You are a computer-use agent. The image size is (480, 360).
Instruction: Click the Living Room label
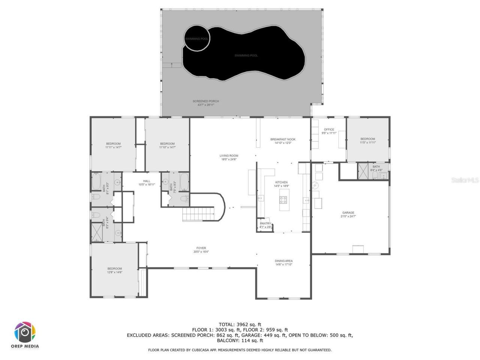tap(229, 156)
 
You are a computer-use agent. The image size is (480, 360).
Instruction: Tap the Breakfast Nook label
tap(283, 139)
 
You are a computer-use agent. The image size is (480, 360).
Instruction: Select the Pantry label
tap(265, 223)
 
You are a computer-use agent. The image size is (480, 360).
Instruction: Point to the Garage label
tap(348, 213)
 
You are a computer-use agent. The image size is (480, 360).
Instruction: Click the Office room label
tap(329, 129)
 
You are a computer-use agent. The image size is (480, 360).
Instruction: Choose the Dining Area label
tap(283, 261)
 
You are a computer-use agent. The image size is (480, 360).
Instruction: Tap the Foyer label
tap(201, 248)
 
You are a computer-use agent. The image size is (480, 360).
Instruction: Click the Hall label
tap(147, 181)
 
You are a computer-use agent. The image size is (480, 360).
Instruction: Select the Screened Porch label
tap(205, 101)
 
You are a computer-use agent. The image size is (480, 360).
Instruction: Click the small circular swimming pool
tap(197, 38)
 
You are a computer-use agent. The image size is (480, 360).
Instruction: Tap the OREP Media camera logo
tap(25, 332)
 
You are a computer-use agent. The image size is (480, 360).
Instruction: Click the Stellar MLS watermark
tap(465, 180)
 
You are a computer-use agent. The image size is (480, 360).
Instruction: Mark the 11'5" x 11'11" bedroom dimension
tap(367, 142)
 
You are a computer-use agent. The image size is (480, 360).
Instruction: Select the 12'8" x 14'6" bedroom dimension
tap(115, 272)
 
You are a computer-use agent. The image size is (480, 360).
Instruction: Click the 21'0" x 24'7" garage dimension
tap(348, 216)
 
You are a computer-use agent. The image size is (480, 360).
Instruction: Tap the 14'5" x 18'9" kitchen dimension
tap(281, 186)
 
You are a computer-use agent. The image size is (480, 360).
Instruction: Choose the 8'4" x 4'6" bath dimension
tap(376, 170)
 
